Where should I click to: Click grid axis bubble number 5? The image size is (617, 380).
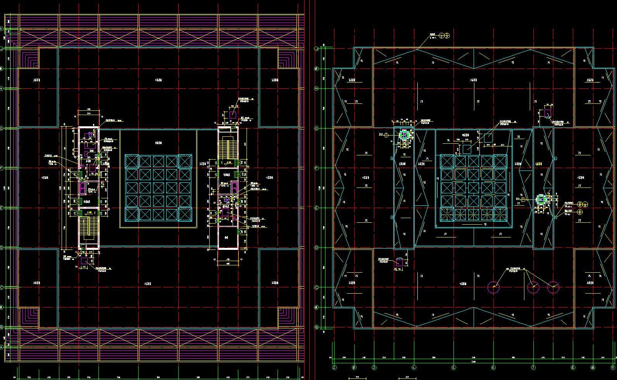tap(453, 367)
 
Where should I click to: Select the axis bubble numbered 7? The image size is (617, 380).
tap(533, 367)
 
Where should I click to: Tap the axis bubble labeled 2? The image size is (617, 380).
tap(334, 367)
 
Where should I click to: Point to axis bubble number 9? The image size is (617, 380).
tap(613, 367)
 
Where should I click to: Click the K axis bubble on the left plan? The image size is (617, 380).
tap(2, 29)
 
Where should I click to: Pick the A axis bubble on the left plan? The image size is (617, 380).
tap(2, 347)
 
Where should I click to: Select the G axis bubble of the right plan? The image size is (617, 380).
tap(317, 128)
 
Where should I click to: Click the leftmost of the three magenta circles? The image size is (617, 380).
tap(493, 287)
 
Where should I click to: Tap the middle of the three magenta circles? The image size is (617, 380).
tap(533, 287)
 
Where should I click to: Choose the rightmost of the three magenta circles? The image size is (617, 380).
tap(553, 287)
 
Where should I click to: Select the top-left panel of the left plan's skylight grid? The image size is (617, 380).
tap(132, 161)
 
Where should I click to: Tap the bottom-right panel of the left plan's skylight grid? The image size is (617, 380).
tap(185, 214)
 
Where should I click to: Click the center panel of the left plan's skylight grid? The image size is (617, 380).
tap(158, 188)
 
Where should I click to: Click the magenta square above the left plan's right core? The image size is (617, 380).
tap(233, 115)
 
